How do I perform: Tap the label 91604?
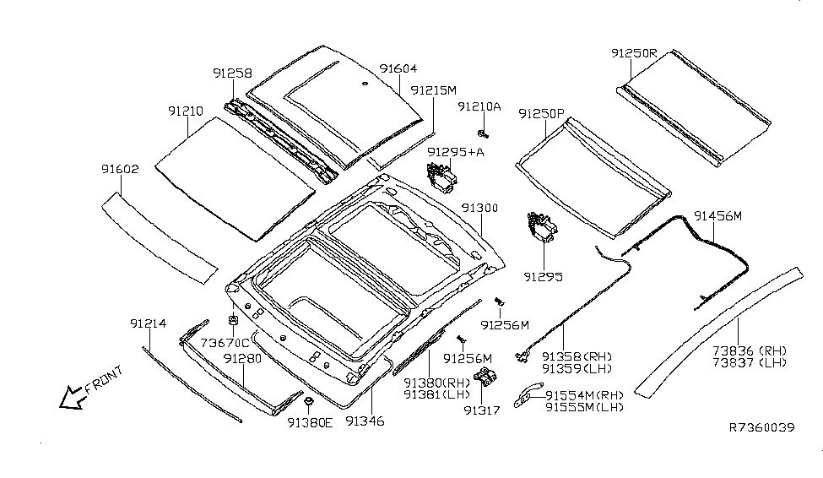(398, 69)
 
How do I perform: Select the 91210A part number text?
(479, 106)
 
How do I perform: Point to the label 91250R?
(633, 52)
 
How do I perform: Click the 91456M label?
(717, 216)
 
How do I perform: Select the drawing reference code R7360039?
(761, 427)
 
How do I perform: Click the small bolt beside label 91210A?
(483, 133)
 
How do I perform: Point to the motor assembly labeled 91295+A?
(441, 178)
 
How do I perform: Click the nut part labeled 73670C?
(233, 321)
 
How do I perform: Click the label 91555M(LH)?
(584, 407)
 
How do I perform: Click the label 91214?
(148, 323)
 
